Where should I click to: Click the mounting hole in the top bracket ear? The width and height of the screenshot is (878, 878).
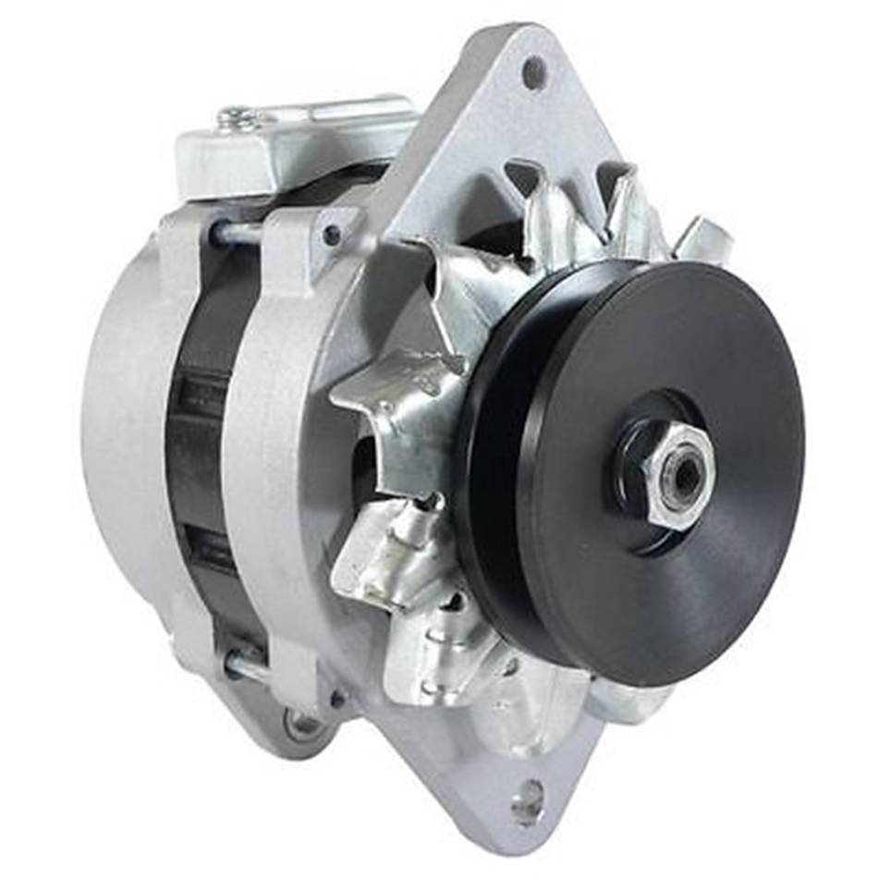[x=533, y=73]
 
